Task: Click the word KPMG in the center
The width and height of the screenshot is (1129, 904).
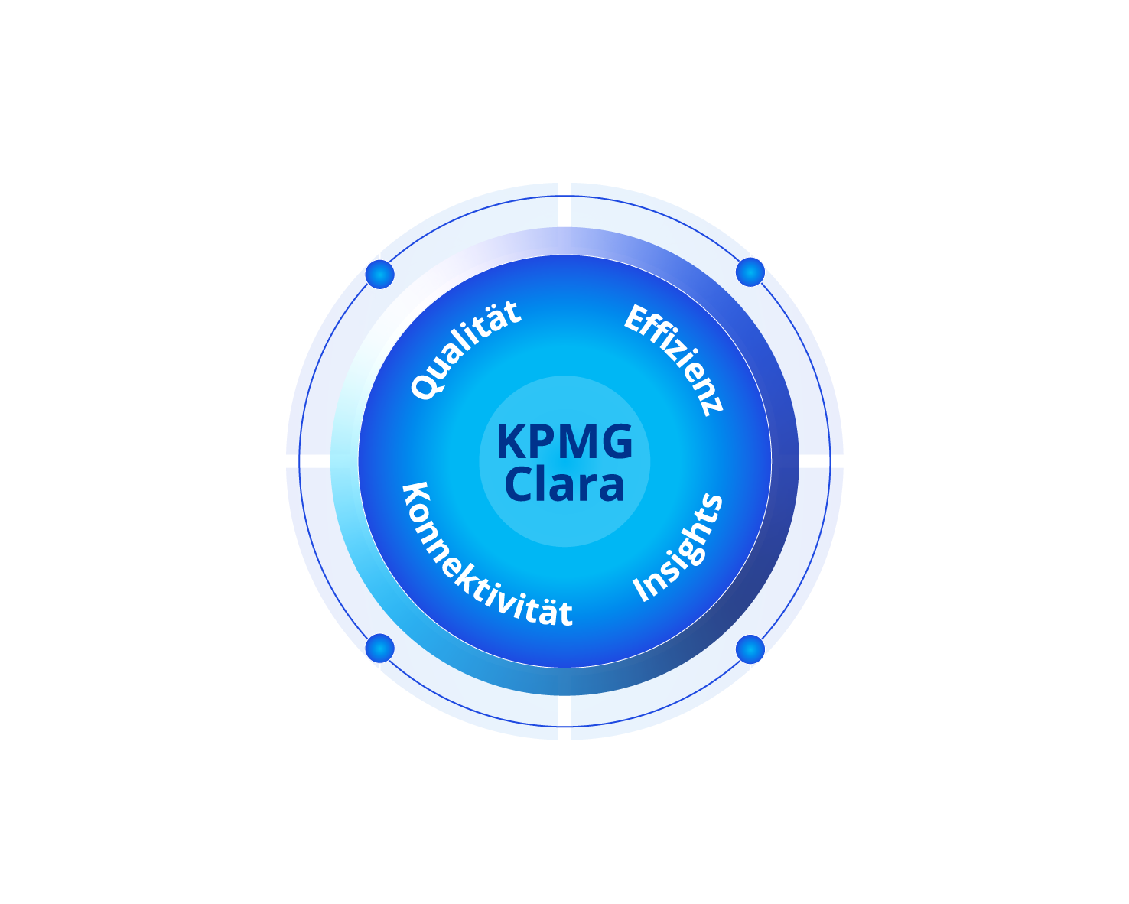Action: (564, 442)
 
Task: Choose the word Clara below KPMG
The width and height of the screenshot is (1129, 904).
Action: (564, 485)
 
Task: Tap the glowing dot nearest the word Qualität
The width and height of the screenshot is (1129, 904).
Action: (379, 273)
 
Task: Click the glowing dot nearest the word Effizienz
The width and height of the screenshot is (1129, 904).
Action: (750, 272)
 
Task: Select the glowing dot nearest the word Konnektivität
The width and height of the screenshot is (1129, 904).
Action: (379, 649)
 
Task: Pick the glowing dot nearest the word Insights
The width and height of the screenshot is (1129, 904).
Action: (750, 649)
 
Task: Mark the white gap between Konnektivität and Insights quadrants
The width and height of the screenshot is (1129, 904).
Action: (564, 717)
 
